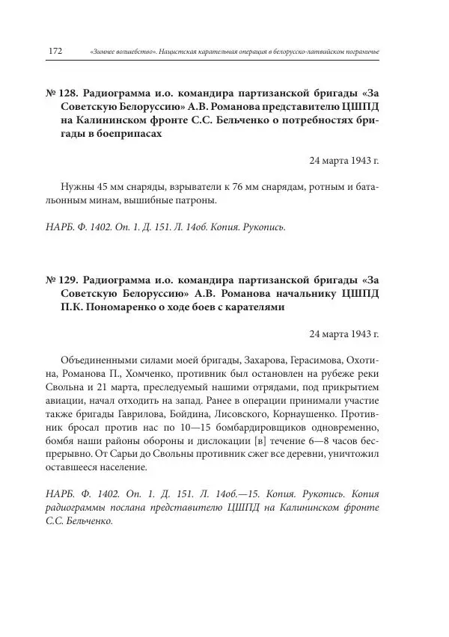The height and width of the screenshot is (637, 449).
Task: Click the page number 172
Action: point(55,51)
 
